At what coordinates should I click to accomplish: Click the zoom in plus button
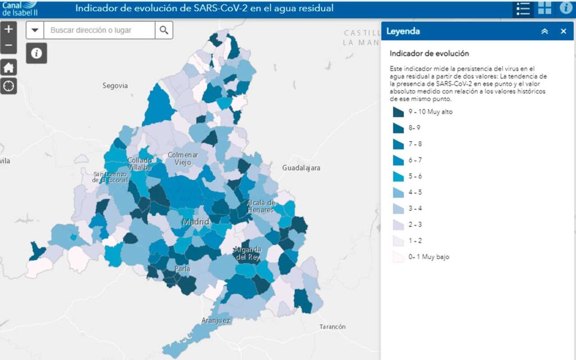pyautogui.click(x=8, y=29)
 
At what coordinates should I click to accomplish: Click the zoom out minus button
pyautogui.click(x=8, y=45)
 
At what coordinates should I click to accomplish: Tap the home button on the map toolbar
pyautogui.click(x=8, y=67)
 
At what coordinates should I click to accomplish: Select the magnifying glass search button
pyautogui.click(x=164, y=30)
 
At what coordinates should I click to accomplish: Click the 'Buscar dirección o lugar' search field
pyautogui.click(x=100, y=30)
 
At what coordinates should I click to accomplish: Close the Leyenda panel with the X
pyautogui.click(x=564, y=31)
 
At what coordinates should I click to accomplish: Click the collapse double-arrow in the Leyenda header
pyautogui.click(x=545, y=31)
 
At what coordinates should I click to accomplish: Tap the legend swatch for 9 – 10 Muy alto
pyautogui.click(x=399, y=112)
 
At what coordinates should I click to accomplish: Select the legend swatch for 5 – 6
pyautogui.click(x=399, y=177)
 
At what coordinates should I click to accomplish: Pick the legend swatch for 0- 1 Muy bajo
pyautogui.click(x=399, y=257)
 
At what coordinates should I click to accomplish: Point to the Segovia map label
pyautogui.click(x=115, y=86)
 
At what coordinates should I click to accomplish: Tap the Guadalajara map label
pyautogui.click(x=301, y=168)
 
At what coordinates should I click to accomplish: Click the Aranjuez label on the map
pyautogui.click(x=216, y=321)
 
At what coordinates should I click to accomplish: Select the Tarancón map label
pyautogui.click(x=332, y=327)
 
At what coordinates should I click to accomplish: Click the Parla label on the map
pyautogui.click(x=182, y=269)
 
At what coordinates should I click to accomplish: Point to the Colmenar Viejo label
pyautogui.click(x=183, y=158)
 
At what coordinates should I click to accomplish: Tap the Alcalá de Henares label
pyautogui.click(x=261, y=206)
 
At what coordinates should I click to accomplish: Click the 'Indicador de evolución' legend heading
pyautogui.click(x=429, y=53)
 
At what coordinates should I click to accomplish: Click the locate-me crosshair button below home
pyautogui.click(x=8, y=86)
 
